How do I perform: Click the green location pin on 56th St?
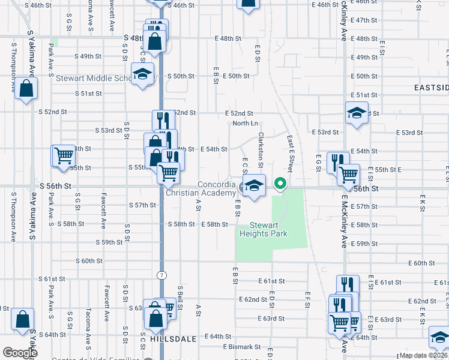pyautogui.click(x=280, y=184)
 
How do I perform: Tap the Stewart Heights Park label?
pyautogui.click(x=264, y=229)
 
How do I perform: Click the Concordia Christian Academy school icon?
pyautogui.click(x=254, y=185)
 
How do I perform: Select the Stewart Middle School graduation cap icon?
pyautogui.click(x=143, y=74)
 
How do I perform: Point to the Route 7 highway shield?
pyautogui.click(x=162, y=274)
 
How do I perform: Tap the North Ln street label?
pyautogui.click(x=246, y=123)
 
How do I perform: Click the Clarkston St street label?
pyautogui.click(x=261, y=151)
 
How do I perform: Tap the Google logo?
pyautogui.click(x=20, y=353)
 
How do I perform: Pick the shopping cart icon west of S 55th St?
pyautogui.click(x=63, y=155)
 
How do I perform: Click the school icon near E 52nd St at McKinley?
pyautogui.click(x=357, y=112)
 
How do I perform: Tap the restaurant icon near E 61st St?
pyautogui.click(x=347, y=285)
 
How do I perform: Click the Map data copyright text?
pyautogui.click(x=423, y=355)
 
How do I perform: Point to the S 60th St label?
pyautogui.click(x=89, y=261)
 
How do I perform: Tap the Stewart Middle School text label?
pyautogui.click(x=93, y=78)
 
